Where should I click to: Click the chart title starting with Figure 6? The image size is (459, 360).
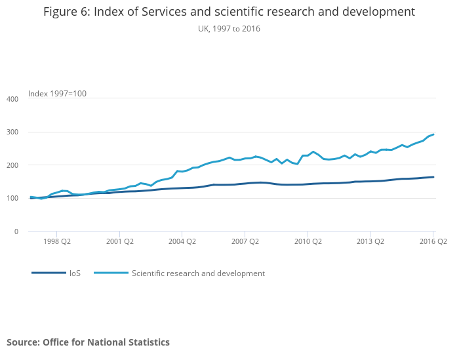tap(229, 12)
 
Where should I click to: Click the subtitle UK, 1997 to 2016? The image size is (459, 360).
tap(229, 28)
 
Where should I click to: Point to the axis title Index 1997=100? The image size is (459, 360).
tap(57, 94)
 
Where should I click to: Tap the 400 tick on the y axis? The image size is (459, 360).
tap(13, 99)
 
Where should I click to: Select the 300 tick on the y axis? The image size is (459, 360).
tap(13, 132)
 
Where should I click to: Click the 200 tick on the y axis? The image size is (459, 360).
tap(13, 165)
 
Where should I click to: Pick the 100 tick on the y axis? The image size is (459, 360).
tap(13, 198)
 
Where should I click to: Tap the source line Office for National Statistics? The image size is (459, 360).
tap(88, 342)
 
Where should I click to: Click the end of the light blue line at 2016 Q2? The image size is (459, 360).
tap(433, 134)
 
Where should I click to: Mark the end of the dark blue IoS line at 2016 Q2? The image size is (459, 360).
tap(433, 177)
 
